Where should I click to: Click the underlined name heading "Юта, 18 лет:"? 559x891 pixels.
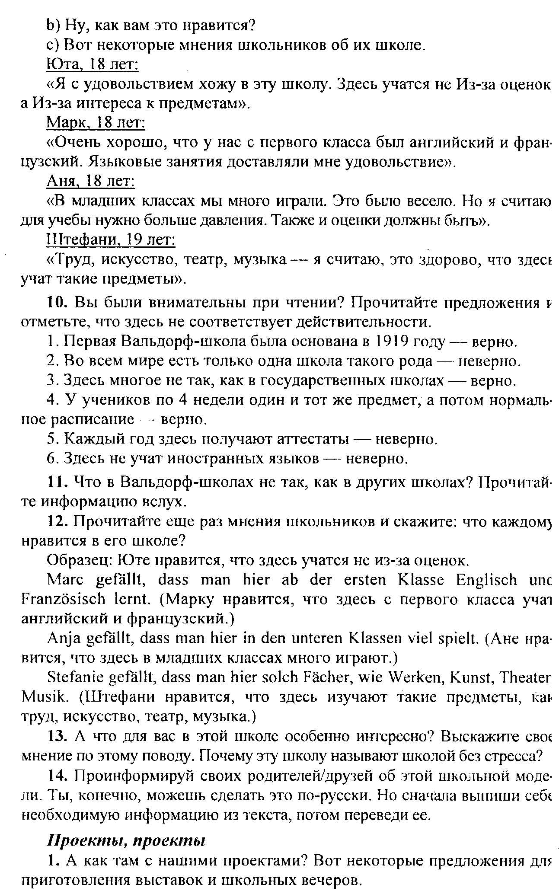92,64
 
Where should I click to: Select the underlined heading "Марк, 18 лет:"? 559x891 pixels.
96,123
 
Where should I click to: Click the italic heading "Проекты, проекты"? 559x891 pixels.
125,841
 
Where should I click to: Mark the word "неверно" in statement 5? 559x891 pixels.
406,439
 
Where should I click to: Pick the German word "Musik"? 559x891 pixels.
42,697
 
